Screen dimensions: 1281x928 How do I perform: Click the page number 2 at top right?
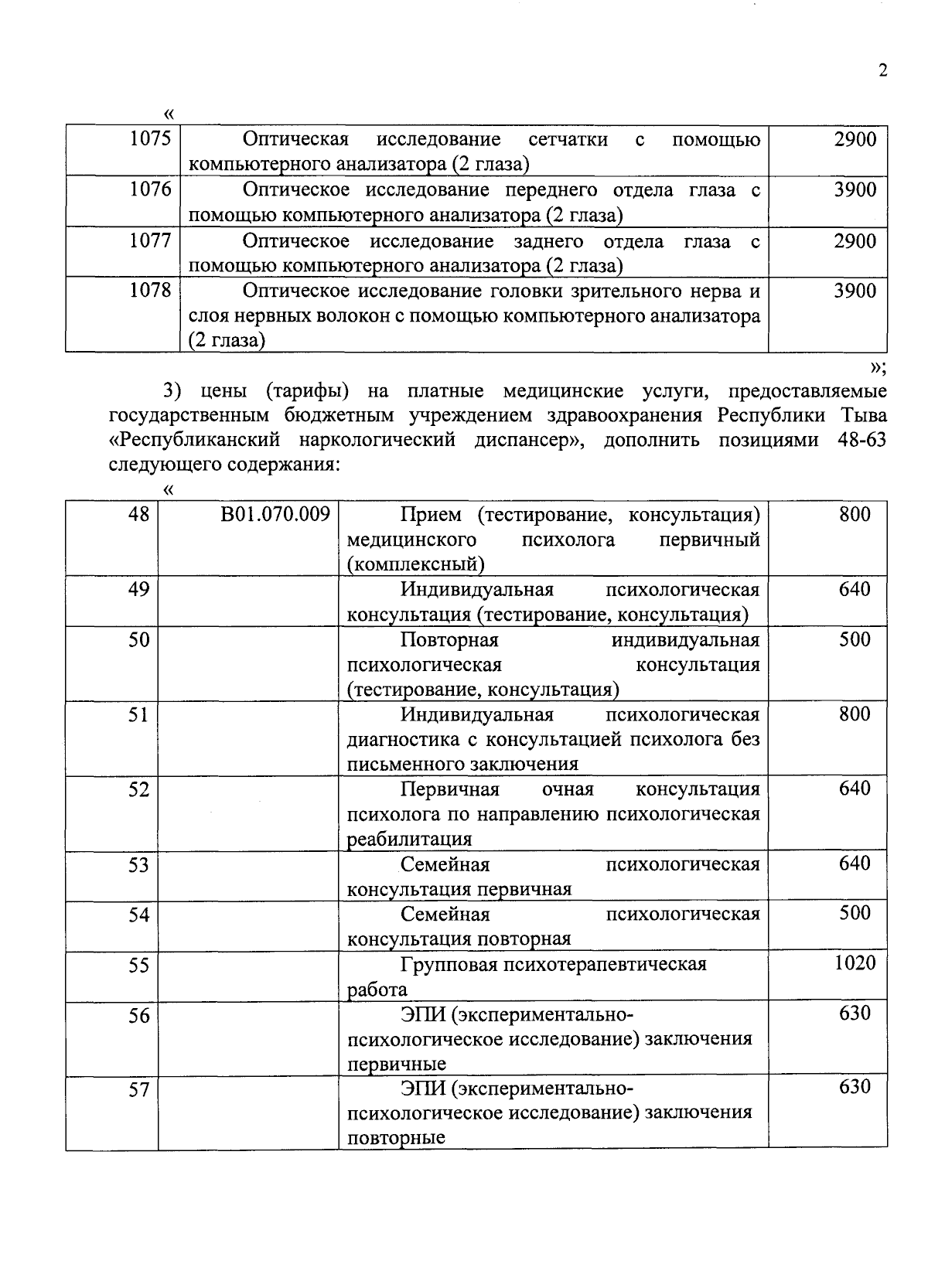click(x=882, y=71)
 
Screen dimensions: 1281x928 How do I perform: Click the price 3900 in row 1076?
click(x=855, y=189)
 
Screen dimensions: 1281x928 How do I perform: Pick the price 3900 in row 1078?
click(x=855, y=291)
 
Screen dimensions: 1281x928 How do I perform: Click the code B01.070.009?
click(x=275, y=514)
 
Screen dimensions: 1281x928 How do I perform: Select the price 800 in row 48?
click(x=855, y=514)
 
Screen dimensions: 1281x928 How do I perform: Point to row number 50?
click(x=138, y=639)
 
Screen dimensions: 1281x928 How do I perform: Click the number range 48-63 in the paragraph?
click(x=851, y=440)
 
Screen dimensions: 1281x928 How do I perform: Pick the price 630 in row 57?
click(x=855, y=1087)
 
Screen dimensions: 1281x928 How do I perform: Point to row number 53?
click(x=138, y=864)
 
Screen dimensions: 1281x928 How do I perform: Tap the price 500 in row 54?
click(x=855, y=913)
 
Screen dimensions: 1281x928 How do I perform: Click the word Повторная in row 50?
click(x=449, y=640)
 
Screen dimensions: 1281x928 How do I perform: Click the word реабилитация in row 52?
click(x=409, y=840)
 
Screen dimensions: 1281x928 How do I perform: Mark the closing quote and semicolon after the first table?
click(x=877, y=366)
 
